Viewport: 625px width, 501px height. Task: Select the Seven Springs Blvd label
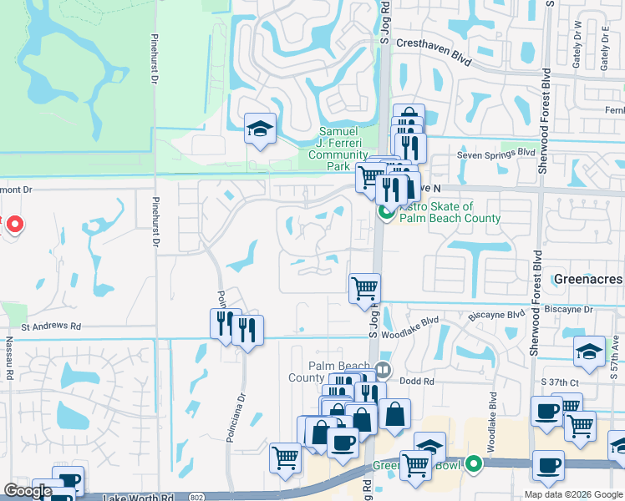495,153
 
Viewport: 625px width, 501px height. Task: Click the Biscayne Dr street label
565,309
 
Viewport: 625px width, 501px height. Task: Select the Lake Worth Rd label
138,497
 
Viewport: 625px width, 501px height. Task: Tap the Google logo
28,491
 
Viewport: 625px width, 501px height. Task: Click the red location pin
14,224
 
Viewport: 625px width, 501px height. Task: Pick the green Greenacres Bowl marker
474,463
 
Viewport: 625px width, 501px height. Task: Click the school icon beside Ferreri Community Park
260,129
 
